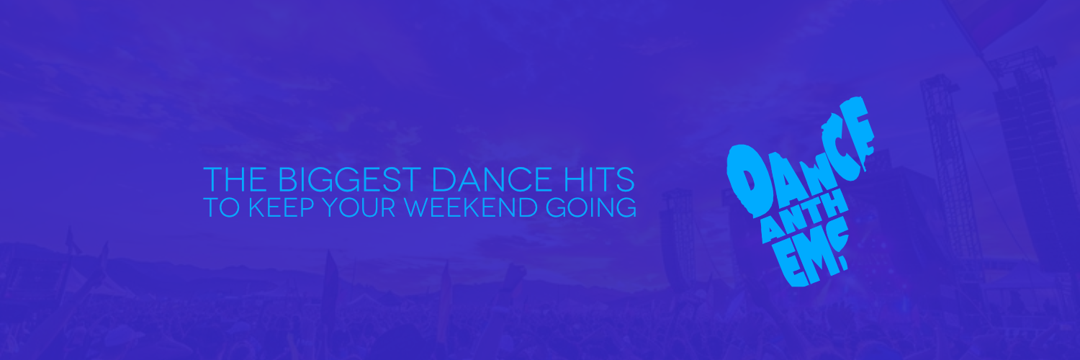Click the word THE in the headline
(x=235, y=179)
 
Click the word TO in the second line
(x=221, y=207)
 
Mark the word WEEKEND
(x=471, y=207)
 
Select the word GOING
(x=591, y=207)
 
